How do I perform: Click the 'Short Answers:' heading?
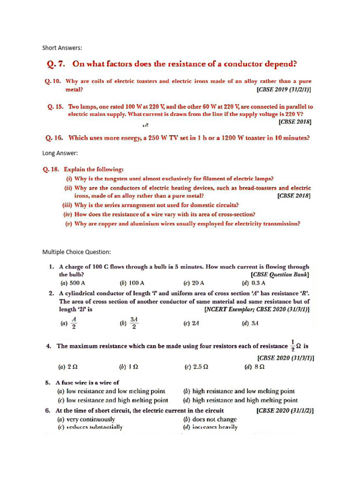click(62, 48)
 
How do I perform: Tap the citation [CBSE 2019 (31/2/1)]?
click(284, 89)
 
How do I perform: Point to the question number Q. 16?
click(54, 138)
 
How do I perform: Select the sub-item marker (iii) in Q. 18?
click(67, 205)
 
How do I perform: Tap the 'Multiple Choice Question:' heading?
click(76, 252)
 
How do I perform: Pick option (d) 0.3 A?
click(254, 283)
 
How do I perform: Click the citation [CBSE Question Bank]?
click(280, 275)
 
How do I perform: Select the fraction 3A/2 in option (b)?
click(134, 323)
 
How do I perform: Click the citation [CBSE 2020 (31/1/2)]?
click(285, 411)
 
